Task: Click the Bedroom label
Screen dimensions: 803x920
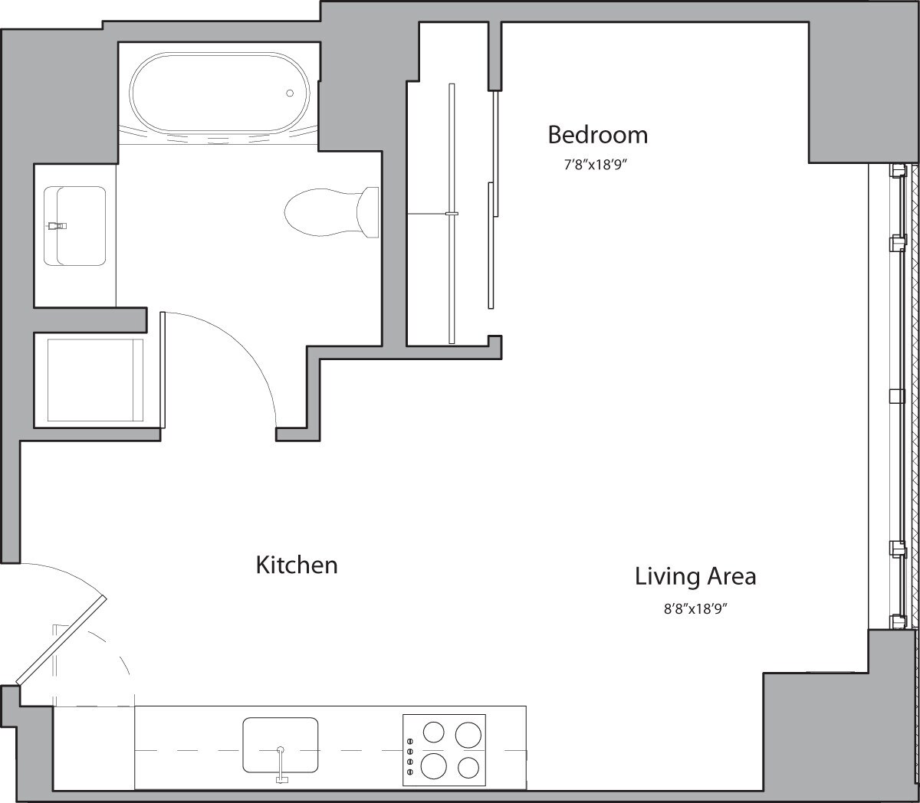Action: pyautogui.click(x=597, y=135)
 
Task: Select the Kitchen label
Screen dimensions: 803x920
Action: pyautogui.click(x=296, y=565)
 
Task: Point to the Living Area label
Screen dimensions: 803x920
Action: pyautogui.click(x=695, y=576)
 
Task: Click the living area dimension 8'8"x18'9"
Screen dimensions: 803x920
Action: pyautogui.click(x=695, y=610)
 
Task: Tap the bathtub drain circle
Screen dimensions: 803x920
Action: pyautogui.click(x=290, y=93)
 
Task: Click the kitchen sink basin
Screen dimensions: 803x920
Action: pyautogui.click(x=281, y=744)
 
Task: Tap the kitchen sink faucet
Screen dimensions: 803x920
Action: pyautogui.click(x=281, y=766)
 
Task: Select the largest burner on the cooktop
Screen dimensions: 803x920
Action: pyautogui.click(x=434, y=765)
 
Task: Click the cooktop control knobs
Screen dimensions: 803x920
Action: pyautogui.click(x=410, y=756)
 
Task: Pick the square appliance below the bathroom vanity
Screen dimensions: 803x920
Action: pyautogui.click(x=95, y=379)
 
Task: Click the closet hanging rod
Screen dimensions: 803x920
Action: pyautogui.click(x=452, y=213)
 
